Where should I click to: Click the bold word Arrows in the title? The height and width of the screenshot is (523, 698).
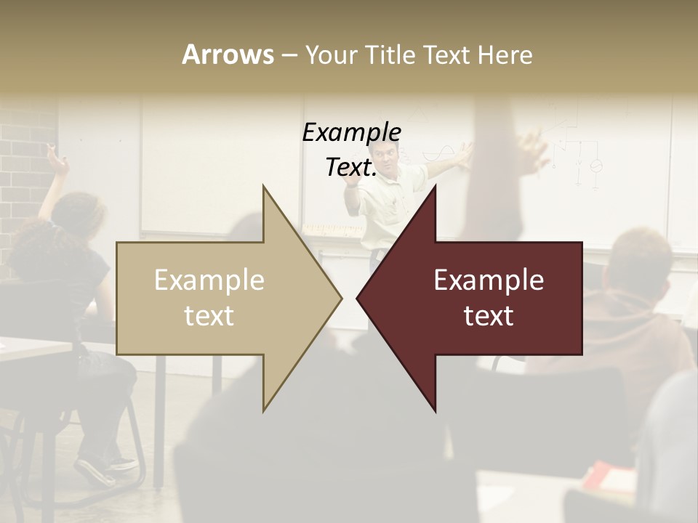[228, 54]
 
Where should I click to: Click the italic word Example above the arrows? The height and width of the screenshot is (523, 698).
[352, 133]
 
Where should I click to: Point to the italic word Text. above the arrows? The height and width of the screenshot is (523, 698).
[351, 168]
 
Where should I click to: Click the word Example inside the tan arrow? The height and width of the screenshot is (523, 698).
[209, 280]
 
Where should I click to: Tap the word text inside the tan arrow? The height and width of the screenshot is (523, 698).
[209, 315]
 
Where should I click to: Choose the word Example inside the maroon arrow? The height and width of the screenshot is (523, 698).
[489, 280]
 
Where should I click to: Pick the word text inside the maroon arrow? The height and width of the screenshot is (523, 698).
[489, 315]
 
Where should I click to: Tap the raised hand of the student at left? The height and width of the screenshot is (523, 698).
[55, 160]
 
